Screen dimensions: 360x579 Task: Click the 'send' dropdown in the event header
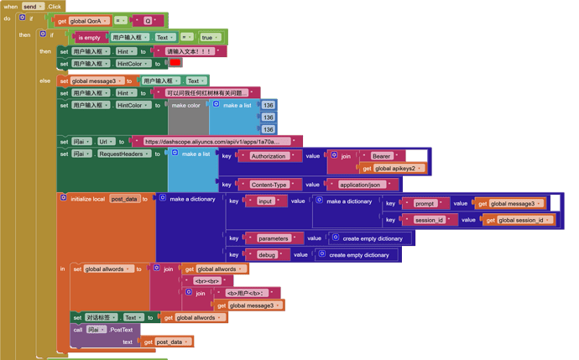coord(33,6)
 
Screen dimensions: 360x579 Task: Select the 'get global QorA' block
coord(83,20)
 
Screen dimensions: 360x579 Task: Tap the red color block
coord(175,63)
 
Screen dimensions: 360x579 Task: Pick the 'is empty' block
coord(91,38)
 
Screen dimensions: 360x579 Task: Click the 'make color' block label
coord(186,106)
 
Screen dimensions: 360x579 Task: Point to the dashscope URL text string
coord(217,142)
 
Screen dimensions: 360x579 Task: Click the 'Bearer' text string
coord(382,156)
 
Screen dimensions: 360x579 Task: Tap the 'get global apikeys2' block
coord(394,169)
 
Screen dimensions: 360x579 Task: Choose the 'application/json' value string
coord(360,185)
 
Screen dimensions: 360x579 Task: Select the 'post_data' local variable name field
coord(124,199)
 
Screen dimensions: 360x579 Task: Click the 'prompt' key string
coord(425,203)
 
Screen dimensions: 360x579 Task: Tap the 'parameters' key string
coord(274,238)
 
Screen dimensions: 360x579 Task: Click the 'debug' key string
coord(267,255)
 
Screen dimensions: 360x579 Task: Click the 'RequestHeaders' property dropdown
coord(123,154)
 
